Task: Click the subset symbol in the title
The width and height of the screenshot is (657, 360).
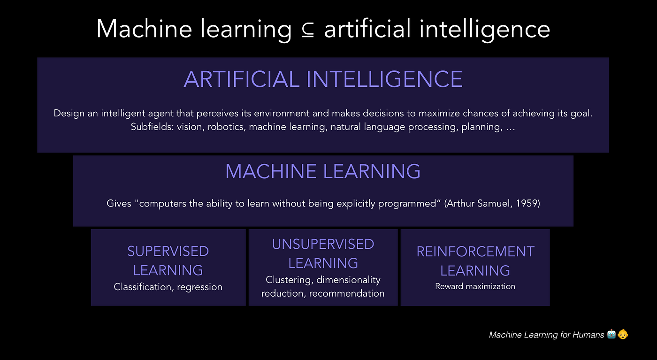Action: (307, 30)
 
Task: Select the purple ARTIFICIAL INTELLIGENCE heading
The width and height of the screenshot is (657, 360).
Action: (323, 79)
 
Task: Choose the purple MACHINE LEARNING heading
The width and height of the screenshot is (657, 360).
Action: (323, 171)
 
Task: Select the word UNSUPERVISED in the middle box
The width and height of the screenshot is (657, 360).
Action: (323, 244)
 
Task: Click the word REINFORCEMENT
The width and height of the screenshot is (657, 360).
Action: (475, 252)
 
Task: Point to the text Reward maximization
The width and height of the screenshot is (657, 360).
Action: (475, 286)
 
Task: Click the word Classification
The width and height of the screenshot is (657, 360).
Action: (143, 287)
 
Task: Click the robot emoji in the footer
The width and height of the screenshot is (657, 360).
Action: (611, 335)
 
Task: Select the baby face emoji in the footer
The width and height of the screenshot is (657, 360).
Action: (623, 335)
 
